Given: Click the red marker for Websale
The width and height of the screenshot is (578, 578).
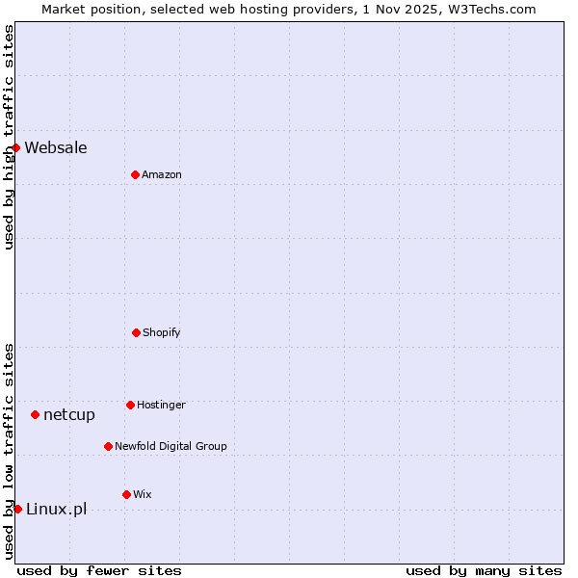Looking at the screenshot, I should click(x=15, y=147).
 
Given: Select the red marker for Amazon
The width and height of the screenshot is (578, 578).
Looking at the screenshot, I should click(x=135, y=174).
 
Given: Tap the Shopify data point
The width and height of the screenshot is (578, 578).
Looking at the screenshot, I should click(x=136, y=332).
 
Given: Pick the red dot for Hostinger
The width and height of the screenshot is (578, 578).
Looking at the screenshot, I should click(x=130, y=405).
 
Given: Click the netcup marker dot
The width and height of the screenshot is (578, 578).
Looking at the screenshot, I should click(x=35, y=414).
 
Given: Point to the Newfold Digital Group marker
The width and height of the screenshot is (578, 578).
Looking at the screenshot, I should click(x=108, y=446).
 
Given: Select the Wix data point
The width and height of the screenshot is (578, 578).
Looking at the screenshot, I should click(x=126, y=494).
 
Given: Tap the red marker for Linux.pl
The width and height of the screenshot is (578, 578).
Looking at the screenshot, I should click(x=17, y=509).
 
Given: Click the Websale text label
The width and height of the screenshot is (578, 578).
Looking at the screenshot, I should click(x=56, y=147).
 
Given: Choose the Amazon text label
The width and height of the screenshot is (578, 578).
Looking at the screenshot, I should click(x=162, y=174).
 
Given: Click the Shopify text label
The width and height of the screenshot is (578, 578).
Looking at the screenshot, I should click(x=162, y=332).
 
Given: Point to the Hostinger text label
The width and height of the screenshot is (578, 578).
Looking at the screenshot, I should click(x=161, y=405).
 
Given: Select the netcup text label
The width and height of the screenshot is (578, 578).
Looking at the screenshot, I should click(x=69, y=414).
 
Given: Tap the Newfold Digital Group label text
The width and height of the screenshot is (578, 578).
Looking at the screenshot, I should click(x=171, y=446).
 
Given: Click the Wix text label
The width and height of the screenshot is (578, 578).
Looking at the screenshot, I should click(x=143, y=494).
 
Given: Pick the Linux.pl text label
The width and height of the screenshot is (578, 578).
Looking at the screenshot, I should click(x=56, y=509).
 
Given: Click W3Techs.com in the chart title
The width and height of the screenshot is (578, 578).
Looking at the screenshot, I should click(x=490, y=9).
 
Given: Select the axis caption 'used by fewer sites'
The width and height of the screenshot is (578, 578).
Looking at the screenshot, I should click(x=99, y=570).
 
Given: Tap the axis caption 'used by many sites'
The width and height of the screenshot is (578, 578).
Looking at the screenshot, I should click(x=484, y=570).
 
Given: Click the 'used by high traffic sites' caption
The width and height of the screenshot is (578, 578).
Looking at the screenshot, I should click(x=9, y=137).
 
